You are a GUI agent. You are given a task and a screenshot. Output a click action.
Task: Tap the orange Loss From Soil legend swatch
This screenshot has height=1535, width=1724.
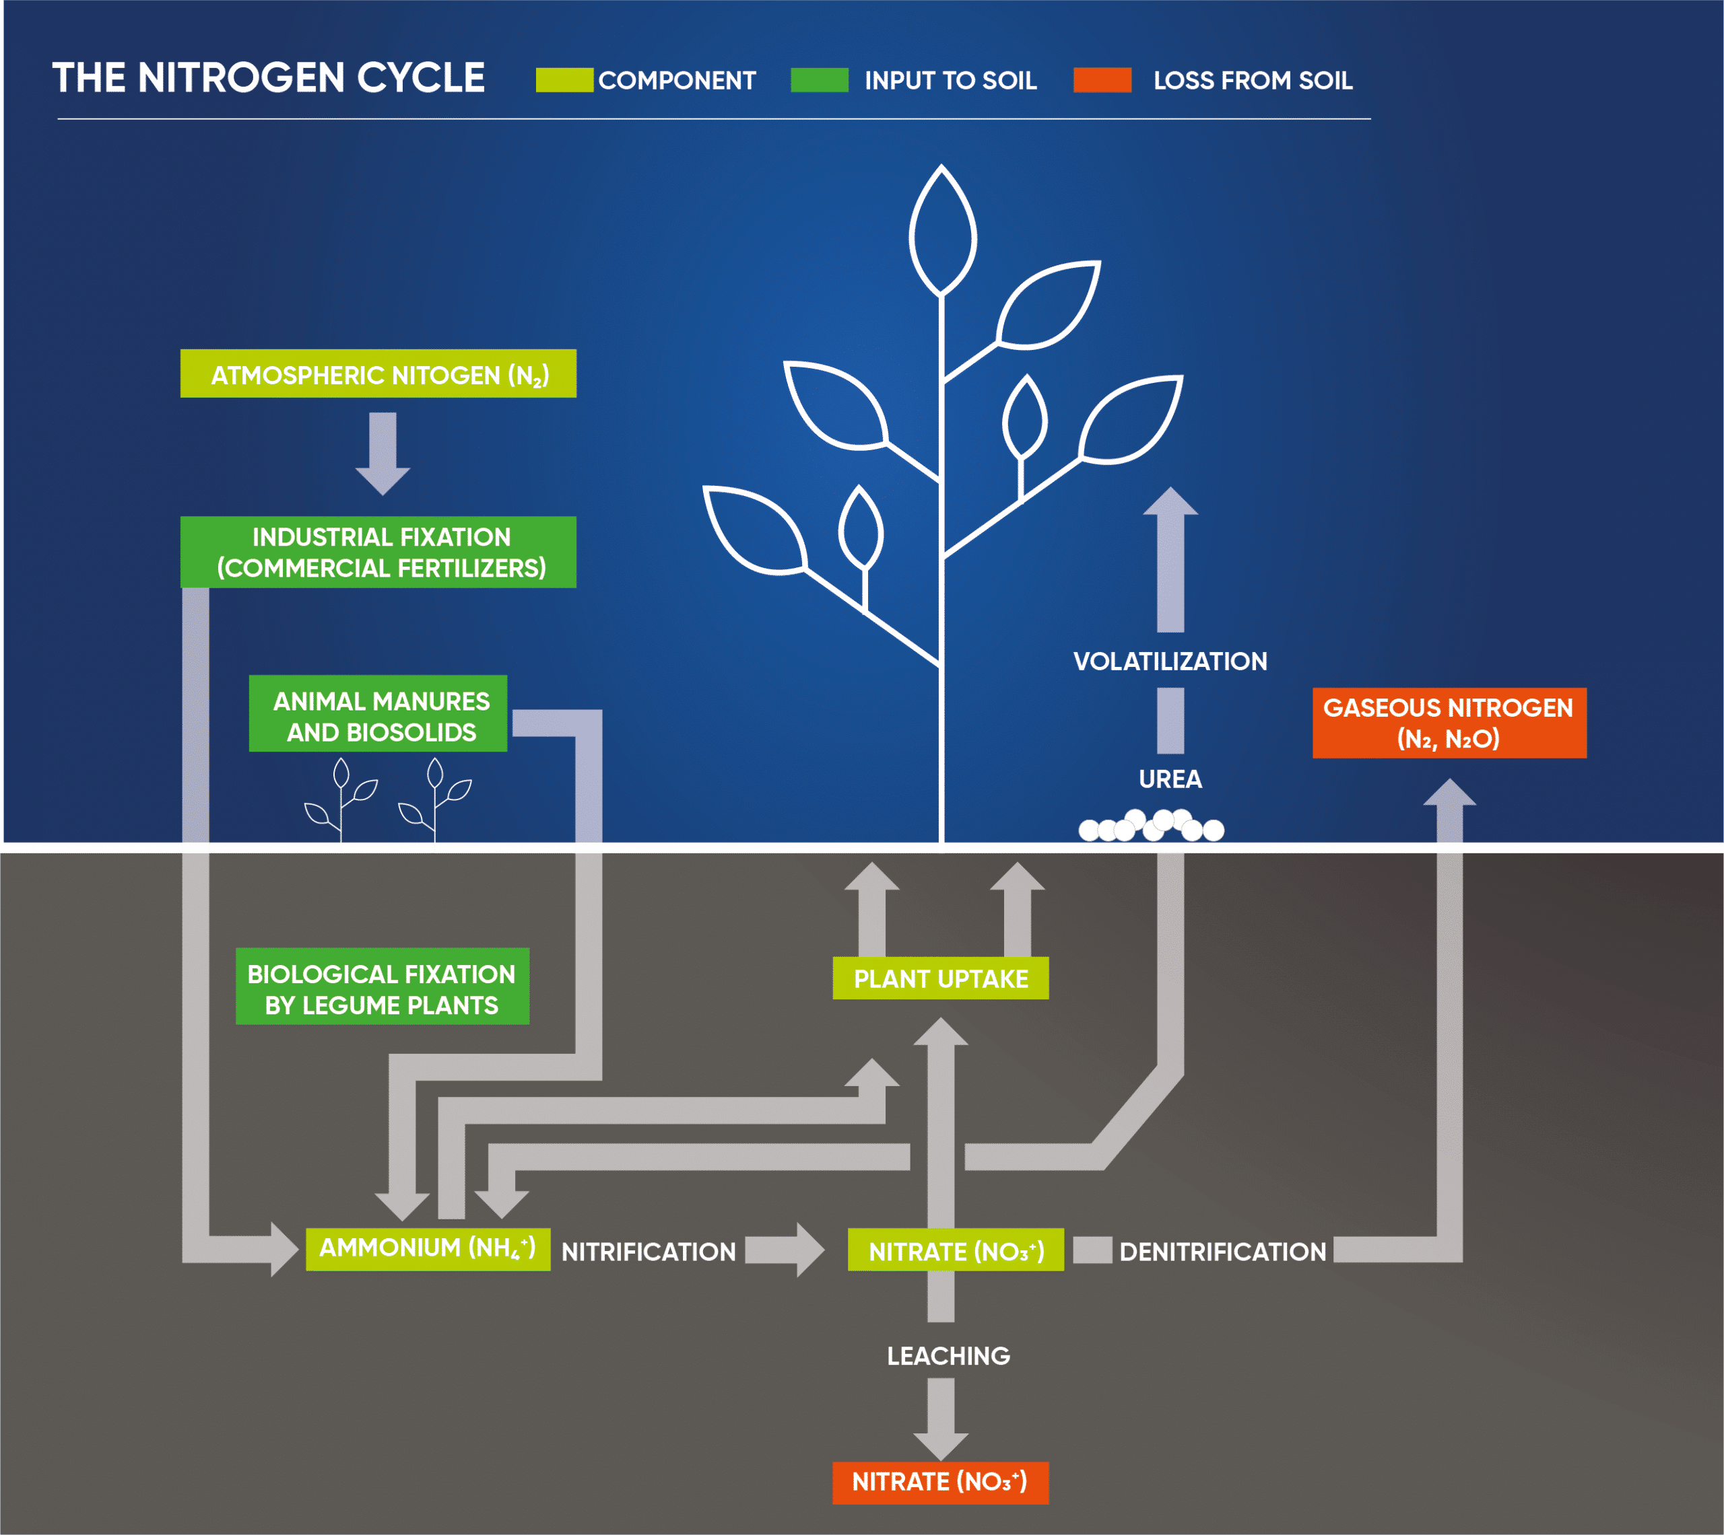click(1102, 80)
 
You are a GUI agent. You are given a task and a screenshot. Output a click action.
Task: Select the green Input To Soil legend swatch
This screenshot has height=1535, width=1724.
click(818, 80)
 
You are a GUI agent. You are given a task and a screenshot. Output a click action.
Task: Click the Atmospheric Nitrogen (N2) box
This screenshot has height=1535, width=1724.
click(378, 373)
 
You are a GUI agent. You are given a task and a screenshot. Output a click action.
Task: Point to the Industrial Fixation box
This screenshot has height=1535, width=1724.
click(378, 552)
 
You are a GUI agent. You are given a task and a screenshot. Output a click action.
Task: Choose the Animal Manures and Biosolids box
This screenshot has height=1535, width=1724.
click(378, 713)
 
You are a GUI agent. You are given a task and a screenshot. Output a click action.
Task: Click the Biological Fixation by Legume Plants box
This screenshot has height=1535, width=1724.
click(383, 987)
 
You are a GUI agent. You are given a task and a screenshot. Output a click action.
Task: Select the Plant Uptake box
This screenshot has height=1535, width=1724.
click(940, 978)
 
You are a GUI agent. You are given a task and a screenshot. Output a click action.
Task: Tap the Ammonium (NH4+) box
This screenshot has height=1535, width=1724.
click(428, 1248)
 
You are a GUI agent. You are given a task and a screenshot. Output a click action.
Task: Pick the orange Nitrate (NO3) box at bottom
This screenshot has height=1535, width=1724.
click(940, 1482)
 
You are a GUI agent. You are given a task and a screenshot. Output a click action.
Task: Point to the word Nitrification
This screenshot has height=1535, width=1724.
click(648, 1252)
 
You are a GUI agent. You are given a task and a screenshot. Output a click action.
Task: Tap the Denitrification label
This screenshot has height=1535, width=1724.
click(1222, 1252)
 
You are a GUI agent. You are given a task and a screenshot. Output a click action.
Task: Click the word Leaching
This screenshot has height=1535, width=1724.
click(948, 1355)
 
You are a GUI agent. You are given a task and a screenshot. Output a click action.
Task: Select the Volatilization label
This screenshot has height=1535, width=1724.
click(1170, 662)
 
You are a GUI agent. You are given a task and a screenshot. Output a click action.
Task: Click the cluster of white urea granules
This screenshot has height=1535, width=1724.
click(1151, 826)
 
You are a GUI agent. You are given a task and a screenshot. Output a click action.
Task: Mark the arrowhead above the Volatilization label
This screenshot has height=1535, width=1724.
click(1170, 502)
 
